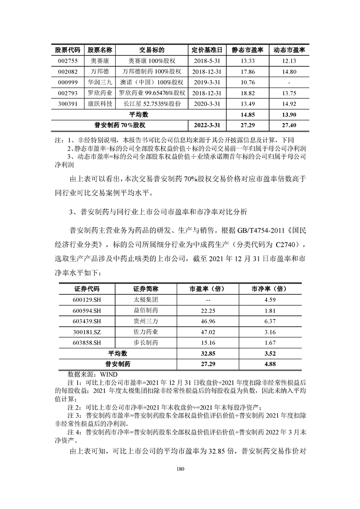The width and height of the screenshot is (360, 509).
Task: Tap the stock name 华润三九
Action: [x=100, y=83]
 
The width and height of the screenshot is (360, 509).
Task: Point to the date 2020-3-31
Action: [x=207, y=103]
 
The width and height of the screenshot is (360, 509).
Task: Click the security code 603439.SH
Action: [x=85, y=321]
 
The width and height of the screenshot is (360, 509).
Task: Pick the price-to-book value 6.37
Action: [x=269, y=321]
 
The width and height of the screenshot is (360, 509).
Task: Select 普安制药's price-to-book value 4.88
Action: [x=269, y=364]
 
